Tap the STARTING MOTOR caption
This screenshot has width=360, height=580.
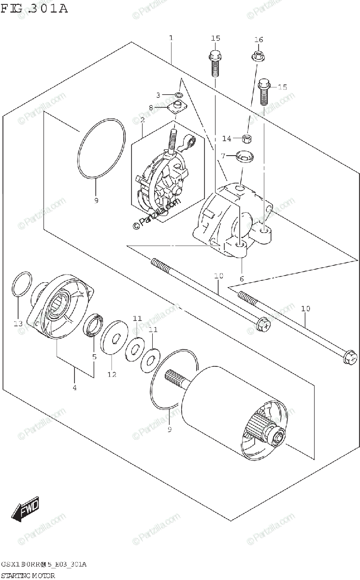(x=29, y=575)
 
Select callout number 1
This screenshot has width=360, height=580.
(x=171, y=38)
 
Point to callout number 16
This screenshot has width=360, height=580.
(x=259, y=40)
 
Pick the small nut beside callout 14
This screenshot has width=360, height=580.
(x=246, y=139)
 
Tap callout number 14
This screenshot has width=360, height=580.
(x=227, y=139)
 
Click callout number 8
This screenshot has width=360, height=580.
(x=151, y=108)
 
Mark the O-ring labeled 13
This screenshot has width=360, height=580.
(x=21, y=285)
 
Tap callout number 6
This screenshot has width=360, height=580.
(x=242, y=279)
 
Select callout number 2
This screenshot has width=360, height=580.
(x=143, y=119)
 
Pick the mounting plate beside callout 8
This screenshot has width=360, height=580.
(x=178, y=107)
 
